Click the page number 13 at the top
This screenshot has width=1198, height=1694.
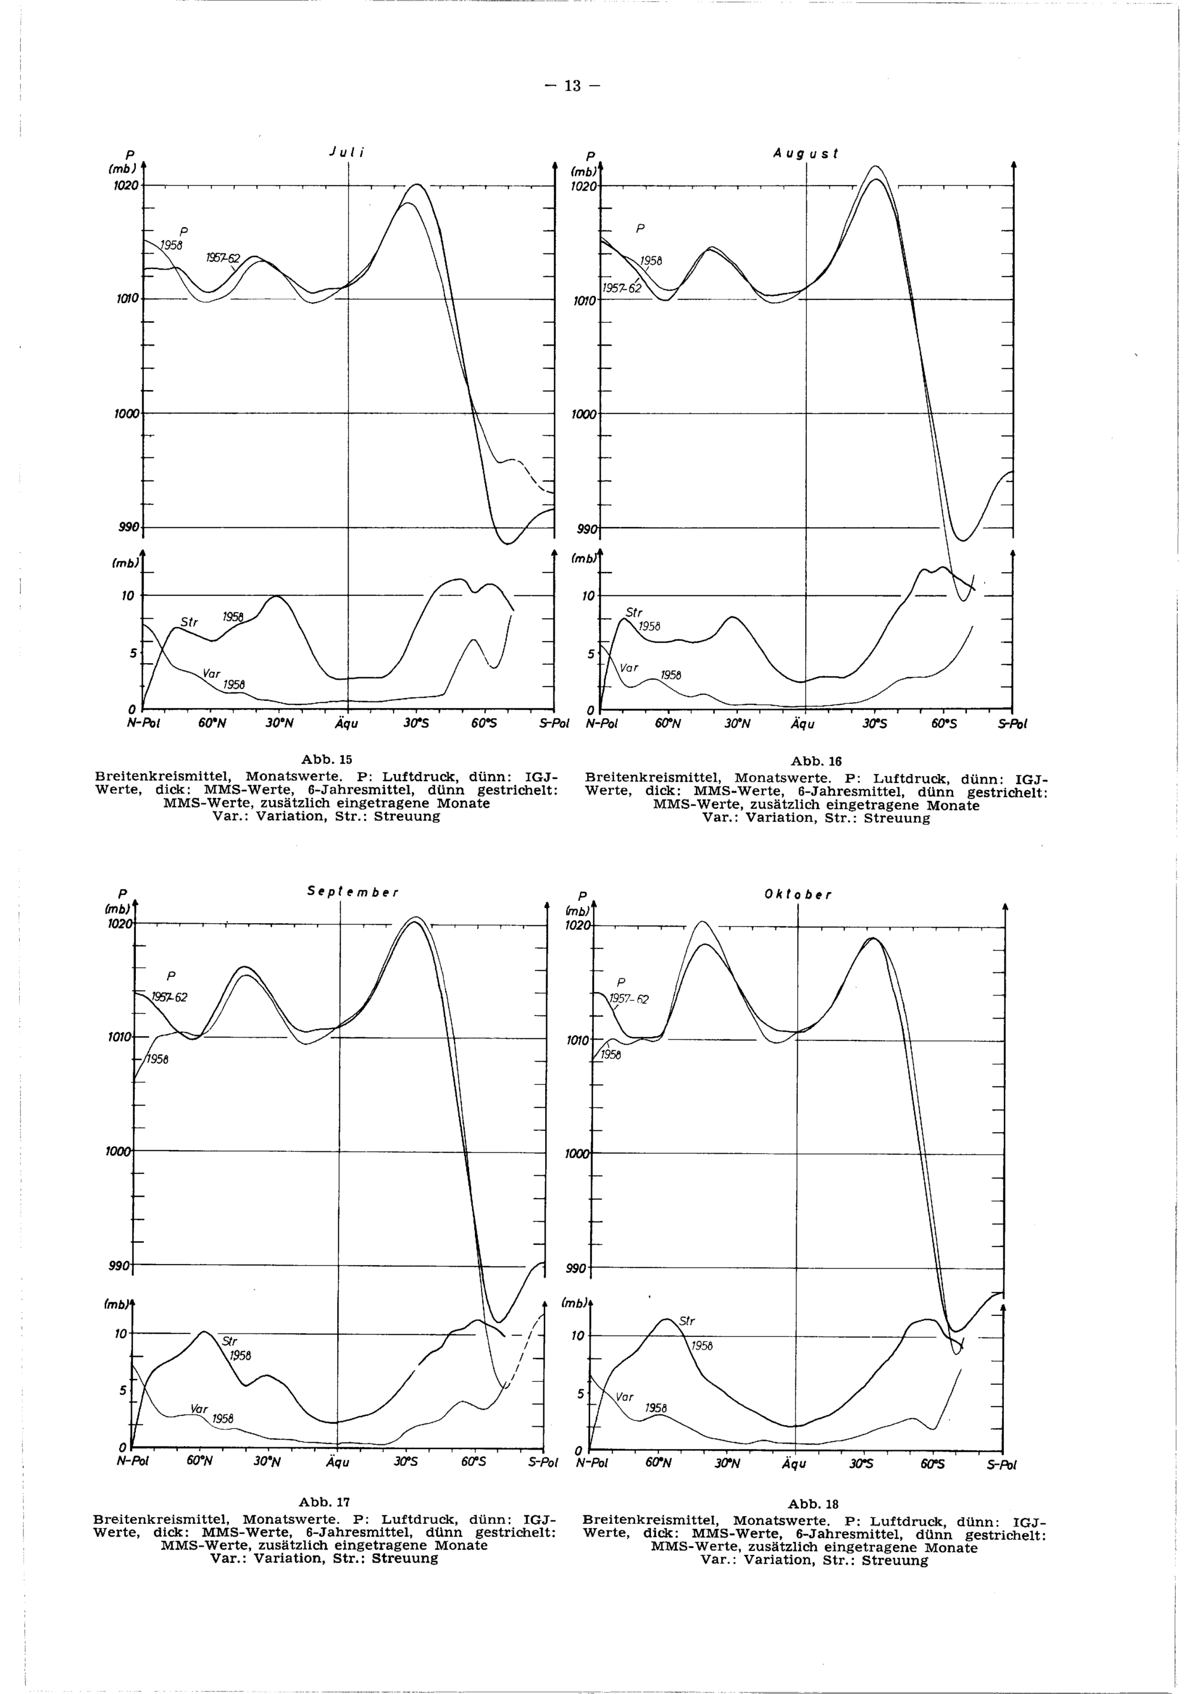[x=573, y=86]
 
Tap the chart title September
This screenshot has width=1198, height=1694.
[x=353, y=891]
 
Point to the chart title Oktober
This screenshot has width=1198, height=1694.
[x=798, y=895]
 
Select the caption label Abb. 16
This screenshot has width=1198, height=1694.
[x=816, y=761]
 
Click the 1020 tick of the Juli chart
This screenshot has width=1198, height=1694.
[x=126, y=186]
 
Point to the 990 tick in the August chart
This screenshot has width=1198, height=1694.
[x=587, y=530]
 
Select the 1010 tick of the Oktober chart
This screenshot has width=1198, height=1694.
[x=577, y=1041]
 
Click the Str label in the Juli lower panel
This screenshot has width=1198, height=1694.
[x=190, y=623]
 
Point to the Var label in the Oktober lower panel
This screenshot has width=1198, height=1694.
[x=625, y=1397]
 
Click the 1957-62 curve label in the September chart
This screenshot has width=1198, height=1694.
[x=170, y=998]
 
